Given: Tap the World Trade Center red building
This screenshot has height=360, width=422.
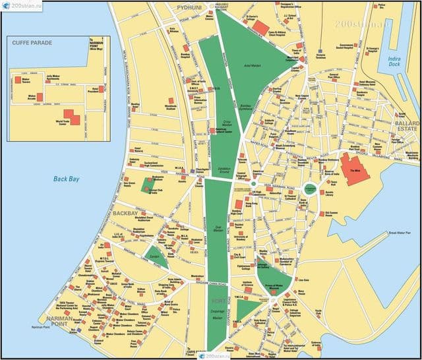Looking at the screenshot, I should tap(71, 117).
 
